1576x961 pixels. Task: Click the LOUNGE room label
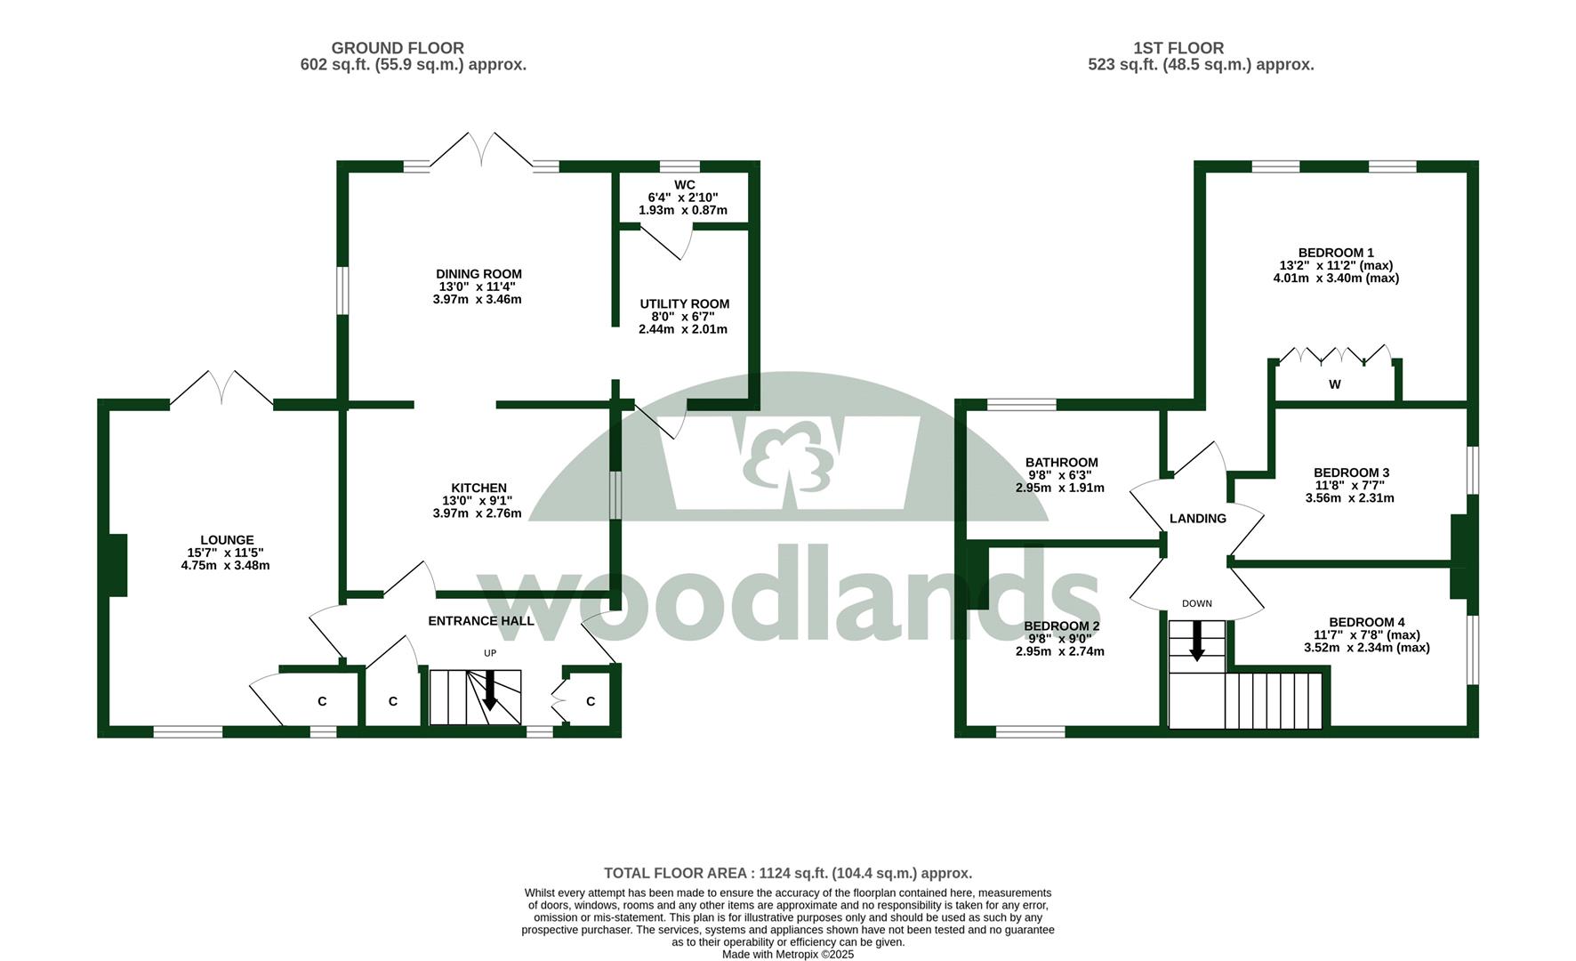227,540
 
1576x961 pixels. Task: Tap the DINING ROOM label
478,274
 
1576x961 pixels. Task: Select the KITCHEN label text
478,488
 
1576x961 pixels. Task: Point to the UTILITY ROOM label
684,304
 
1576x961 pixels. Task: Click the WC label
684,185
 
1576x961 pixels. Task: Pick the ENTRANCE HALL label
481,621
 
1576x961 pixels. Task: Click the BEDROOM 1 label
1336,253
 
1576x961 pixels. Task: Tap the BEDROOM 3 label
1351,472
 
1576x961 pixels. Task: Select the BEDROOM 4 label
1367,622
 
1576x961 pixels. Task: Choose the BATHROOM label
1061,463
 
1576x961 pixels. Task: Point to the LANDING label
1197,519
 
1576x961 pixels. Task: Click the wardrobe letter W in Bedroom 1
1334,384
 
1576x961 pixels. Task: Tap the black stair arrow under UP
489,690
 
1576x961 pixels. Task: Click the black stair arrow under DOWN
1196,641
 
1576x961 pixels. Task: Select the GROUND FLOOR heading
398,48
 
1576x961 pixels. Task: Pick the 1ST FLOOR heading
1178,48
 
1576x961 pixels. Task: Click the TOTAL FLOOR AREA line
788,874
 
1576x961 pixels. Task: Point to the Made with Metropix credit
788,955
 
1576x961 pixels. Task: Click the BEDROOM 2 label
1061,626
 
